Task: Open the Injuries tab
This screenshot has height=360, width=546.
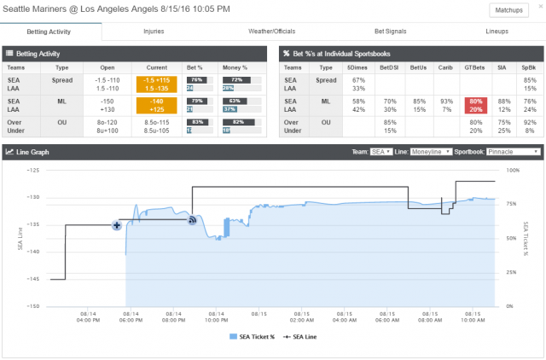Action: (x=154, y=31)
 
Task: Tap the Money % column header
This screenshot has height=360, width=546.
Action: (x=234, y=66)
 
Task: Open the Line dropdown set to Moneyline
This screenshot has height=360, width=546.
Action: (x=432, y=151)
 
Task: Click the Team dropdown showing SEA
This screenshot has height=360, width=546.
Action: (x=380, y=151)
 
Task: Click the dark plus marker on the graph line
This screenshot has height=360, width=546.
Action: (x=117, y=225)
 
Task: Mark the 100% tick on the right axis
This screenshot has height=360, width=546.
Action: (x=512, y=170)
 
